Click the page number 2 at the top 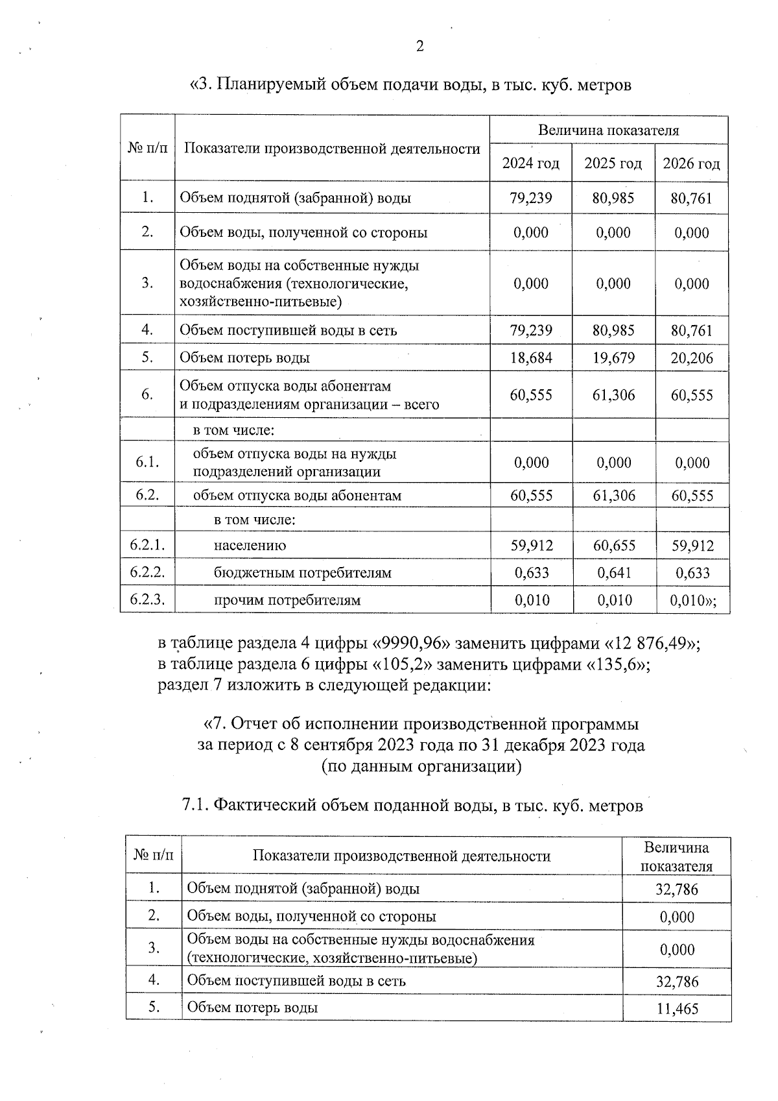coord(419,46)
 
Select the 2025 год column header coord(613,163)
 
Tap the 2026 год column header coord(691,163)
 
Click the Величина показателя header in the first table coord(608,130)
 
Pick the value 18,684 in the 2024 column coord(531,358)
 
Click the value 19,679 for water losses coord(613,358)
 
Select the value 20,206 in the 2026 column coord(692,358)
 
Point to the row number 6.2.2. coord(147,572)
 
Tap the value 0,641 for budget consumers coord(613,573)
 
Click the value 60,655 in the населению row coord(613,546)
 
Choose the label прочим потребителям coord(287,600)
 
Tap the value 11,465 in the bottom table coord(677,1009)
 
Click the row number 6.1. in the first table coord(147,462)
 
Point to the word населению coord(250,546)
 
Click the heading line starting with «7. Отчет coord(421,724)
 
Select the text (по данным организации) coord(421,767)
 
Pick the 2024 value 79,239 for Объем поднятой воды coord(531,198)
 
